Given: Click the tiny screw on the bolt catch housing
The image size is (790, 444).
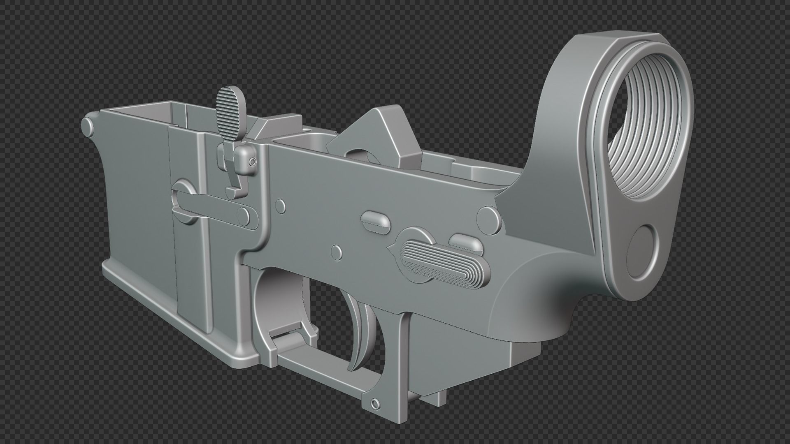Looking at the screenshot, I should [x=252, y=161].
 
